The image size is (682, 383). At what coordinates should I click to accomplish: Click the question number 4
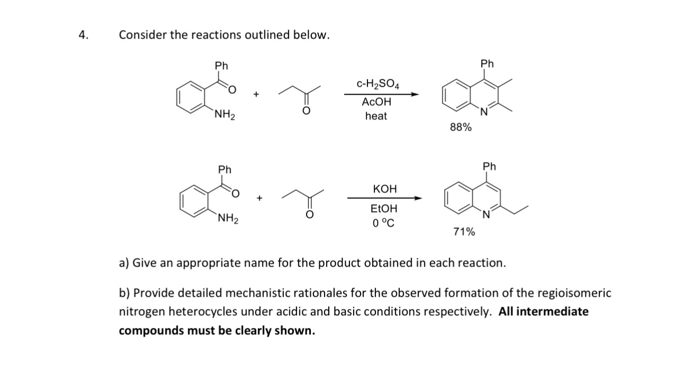point(82,35)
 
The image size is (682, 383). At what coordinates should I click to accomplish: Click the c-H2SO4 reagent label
point(378,84)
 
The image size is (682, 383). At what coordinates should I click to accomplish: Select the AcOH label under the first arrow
point(376,102)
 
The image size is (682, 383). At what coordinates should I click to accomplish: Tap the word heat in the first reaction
point(376,116)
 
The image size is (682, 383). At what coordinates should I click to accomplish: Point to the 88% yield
point(461,127)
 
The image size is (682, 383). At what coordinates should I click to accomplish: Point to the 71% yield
point(464,232)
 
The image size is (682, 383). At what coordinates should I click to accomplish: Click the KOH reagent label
point(384,189)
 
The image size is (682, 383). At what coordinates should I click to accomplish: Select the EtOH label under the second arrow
point(384,208)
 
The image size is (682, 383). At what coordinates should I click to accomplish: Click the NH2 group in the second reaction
point(228,218)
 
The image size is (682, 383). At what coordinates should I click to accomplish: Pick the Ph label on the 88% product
point(487,64)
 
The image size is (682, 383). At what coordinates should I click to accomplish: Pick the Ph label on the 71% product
point(490,167)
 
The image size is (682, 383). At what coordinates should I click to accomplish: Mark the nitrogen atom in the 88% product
point(483,111)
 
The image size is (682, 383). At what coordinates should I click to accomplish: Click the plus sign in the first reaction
point(256,95)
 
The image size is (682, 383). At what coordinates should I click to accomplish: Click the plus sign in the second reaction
point(259,198)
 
